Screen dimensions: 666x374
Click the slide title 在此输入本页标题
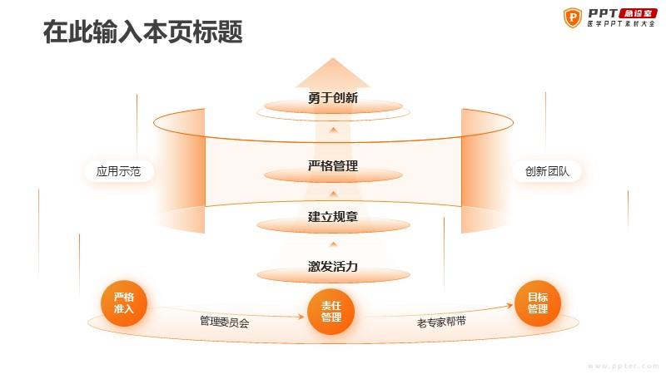[142, 32]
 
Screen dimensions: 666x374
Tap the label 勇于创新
[333, 98]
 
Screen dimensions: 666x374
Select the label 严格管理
[333, 165]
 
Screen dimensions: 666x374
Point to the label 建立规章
[333, 217]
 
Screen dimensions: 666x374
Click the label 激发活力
[333, 267]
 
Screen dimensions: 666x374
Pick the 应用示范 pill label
[118, 171]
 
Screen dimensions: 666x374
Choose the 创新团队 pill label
[547, 171]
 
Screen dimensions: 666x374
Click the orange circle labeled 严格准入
[123, 303]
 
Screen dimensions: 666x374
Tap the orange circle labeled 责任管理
[331, 312]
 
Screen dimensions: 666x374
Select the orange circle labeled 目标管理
[538, 303]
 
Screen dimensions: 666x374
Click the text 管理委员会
[225, 322]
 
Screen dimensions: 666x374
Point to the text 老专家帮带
[441, 322]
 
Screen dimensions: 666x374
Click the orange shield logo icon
[573, 17]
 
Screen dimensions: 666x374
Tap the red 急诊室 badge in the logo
[638, 13]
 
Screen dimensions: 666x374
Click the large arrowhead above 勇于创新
[333, 73]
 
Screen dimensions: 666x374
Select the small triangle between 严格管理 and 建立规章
[334, 194]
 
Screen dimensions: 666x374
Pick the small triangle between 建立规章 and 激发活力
[334, 244]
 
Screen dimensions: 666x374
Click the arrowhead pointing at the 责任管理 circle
[301, 317]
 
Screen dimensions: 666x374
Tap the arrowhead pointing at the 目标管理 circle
[509, 305]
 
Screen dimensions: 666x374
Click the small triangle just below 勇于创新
[334, 130]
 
